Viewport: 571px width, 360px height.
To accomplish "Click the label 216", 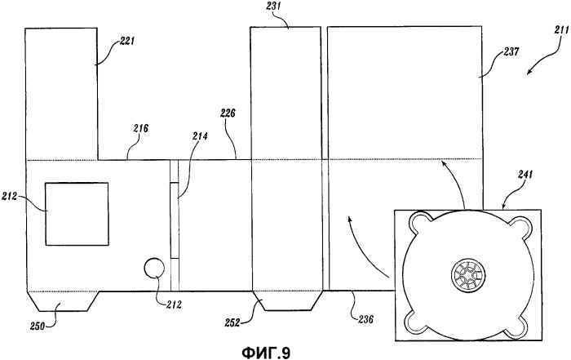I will [140, 129].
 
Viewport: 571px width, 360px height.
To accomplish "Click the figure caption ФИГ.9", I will [266, 352].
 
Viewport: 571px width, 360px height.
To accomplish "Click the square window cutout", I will [77, 212].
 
